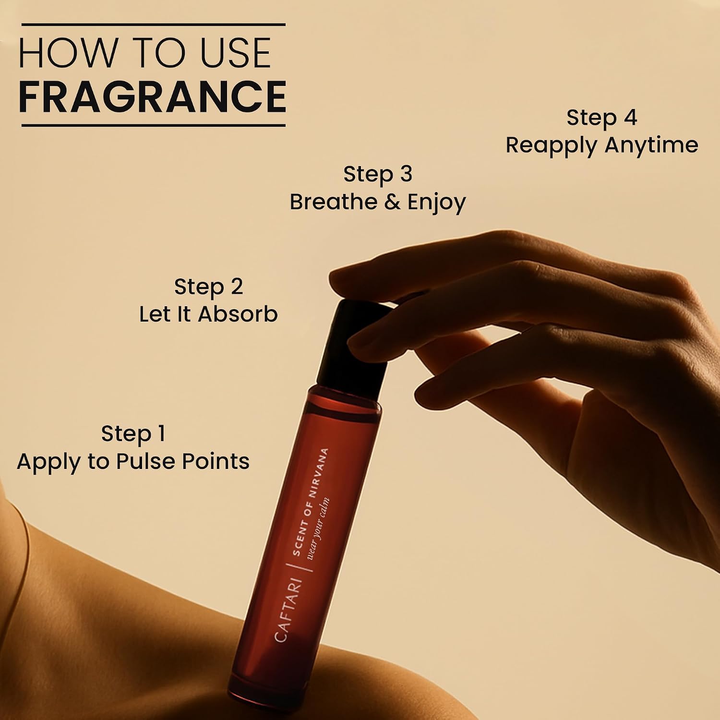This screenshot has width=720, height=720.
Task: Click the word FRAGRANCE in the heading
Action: [x=152, y=96]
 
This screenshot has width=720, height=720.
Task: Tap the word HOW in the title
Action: [x=67, y=53]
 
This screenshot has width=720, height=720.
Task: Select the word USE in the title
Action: [x=235, y=53]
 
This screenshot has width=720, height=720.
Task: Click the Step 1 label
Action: [x=133, y=433]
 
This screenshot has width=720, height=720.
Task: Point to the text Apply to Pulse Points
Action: [x=133, y=462]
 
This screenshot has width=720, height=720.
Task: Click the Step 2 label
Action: [x=208, y=287]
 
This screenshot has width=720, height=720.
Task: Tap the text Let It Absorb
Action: [x=208, y=314]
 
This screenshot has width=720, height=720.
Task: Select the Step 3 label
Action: [x=378, y=174]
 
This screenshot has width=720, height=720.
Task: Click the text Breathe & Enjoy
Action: [x=378, y=202]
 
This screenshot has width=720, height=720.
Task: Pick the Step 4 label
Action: [x=602, y=118]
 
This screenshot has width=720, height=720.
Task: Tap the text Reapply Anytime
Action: [x=602, y=145]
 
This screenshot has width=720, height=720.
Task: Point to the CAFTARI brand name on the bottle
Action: [x=288, y=610]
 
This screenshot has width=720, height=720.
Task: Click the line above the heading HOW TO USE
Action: [x=154, y=24]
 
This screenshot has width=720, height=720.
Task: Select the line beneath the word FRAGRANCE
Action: [x=154, y=125]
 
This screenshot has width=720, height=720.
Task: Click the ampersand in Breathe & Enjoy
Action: [x=392, y=201]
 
